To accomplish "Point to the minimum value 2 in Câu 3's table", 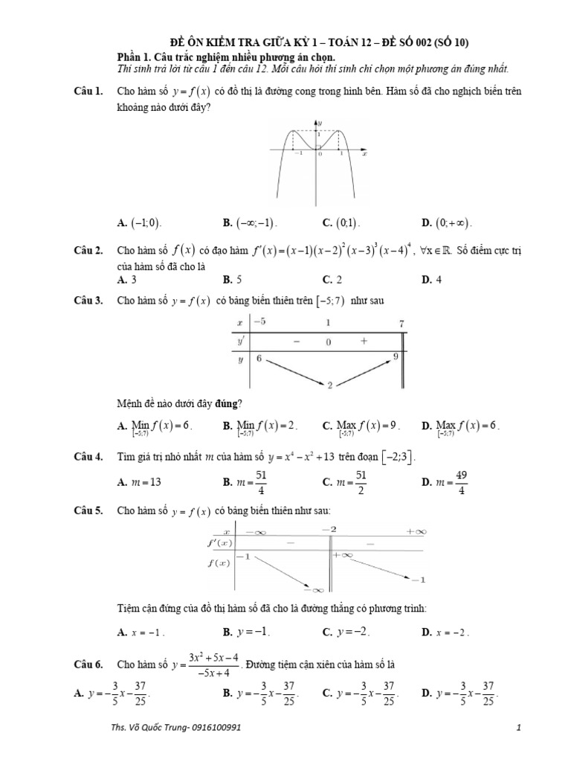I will point(329,385).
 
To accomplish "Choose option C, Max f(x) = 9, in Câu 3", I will point(361,427).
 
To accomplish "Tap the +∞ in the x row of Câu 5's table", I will point(417,531).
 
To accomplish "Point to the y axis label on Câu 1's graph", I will point(319,121).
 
